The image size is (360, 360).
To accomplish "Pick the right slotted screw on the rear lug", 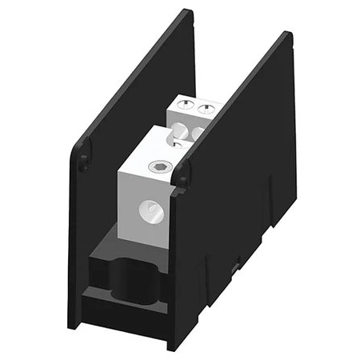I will [207, 107].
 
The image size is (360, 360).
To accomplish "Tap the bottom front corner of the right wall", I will [170, 349].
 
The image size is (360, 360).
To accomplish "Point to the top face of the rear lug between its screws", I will [196, 104].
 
